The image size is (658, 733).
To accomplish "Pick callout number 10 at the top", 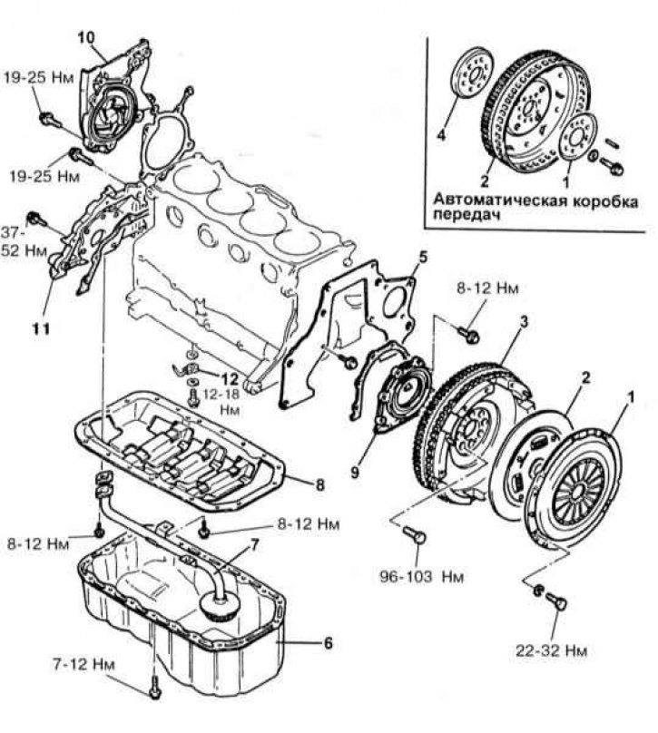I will [x=86, y=37].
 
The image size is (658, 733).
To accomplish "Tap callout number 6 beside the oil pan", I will [x=328, y=643].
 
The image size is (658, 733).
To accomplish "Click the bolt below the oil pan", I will [x=153, y=684].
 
